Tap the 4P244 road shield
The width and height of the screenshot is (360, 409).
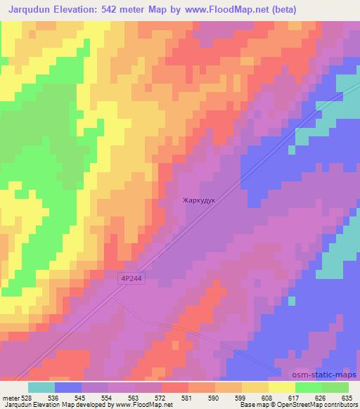pos(132,279)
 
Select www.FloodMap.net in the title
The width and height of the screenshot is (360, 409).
pos(229,10)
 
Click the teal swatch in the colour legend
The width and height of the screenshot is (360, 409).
pos(41,387)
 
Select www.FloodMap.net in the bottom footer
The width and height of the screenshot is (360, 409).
pos(146,405)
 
